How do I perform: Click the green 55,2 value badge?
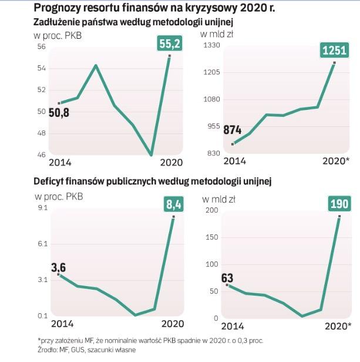(x=169, y=43)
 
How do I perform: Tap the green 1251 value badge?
(x=334, y=51)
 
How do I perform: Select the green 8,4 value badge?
(x=172, y=205)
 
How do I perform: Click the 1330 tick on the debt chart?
(x=211, y=46)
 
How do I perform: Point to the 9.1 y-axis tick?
(x=42, y=208)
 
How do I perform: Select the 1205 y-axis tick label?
(x=211, y=72)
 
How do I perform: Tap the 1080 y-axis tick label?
(x=211, y=99)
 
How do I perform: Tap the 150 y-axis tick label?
(x=211, y=237)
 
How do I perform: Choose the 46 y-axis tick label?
(x=41, y=155)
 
